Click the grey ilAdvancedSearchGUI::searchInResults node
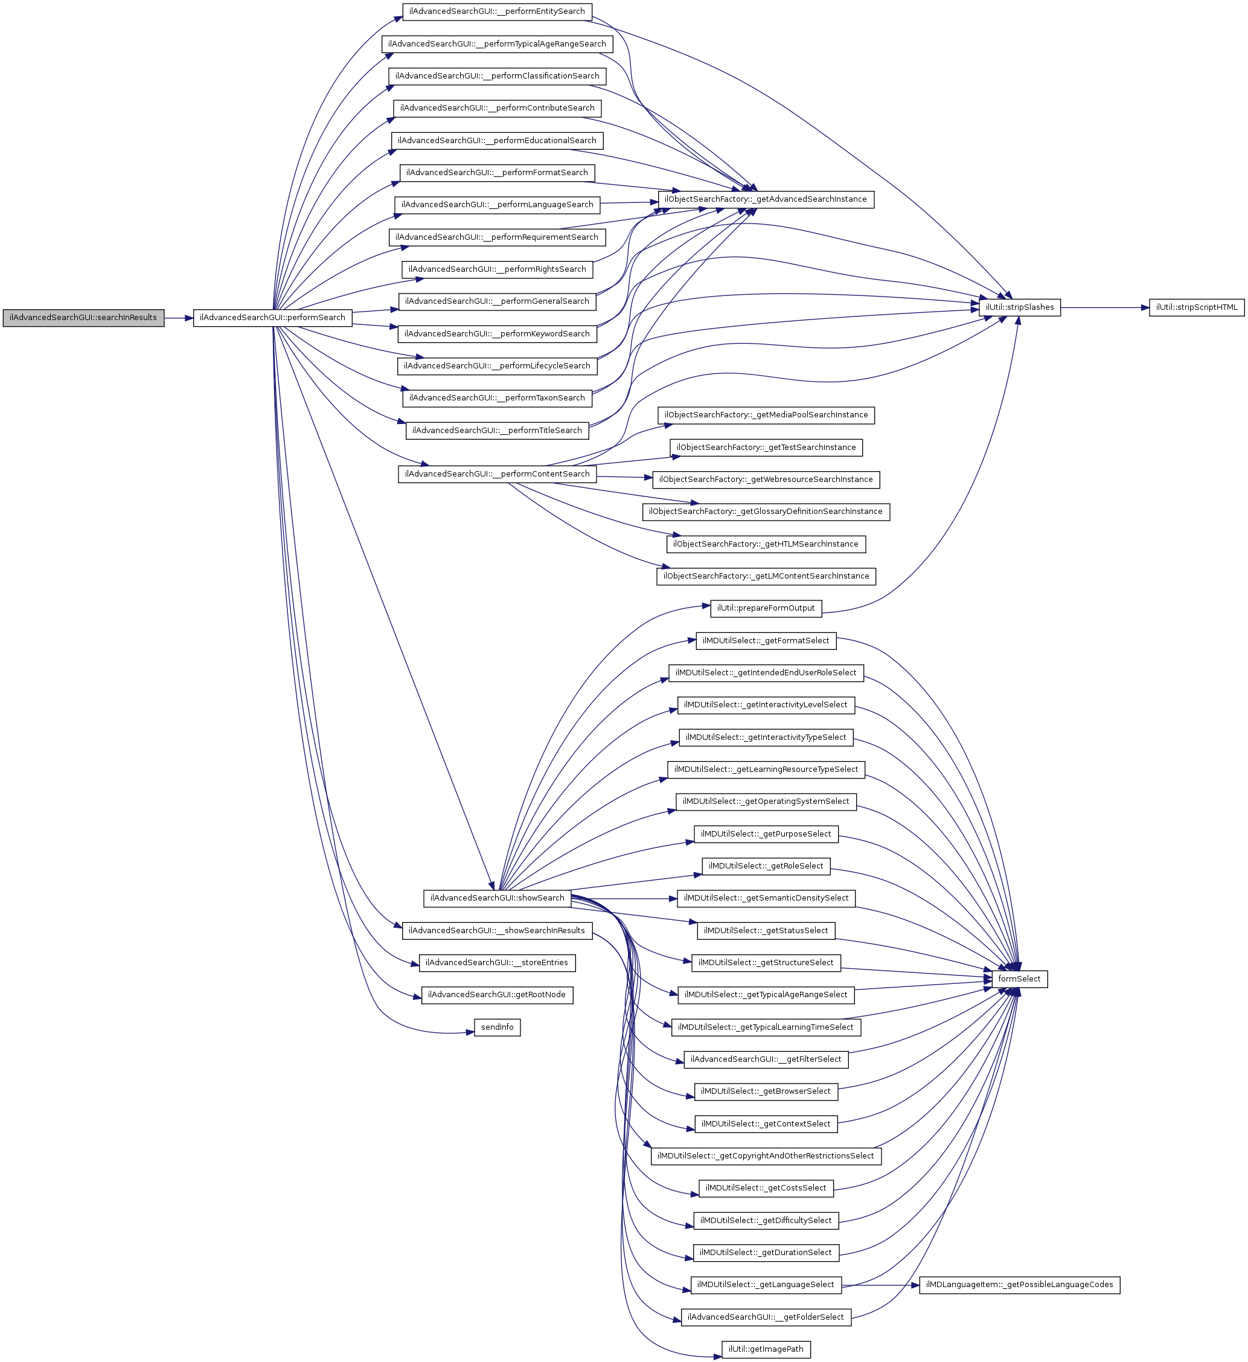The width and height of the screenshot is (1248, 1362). (83, 318)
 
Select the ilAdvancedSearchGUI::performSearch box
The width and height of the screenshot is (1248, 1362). (272, 318)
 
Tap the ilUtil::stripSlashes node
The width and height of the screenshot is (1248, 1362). (1019, 307)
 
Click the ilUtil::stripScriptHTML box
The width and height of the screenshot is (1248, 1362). (1196, 307)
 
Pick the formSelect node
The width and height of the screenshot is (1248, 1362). (1019, 979)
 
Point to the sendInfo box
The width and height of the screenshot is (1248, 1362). (497, 1027)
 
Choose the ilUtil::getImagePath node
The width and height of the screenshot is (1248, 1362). (766, 1349)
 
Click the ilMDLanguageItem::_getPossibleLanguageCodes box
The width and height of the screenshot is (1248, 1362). (1019, 1284)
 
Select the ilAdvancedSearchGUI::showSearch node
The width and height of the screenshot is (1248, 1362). (497, 898)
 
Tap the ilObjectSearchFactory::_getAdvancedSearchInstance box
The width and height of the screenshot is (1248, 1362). (766, 199)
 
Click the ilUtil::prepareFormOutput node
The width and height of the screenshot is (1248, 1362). (766, 608)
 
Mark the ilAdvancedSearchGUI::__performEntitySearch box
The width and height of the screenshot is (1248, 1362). (497, 11)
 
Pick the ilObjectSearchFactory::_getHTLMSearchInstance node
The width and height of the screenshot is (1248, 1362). (766, 544)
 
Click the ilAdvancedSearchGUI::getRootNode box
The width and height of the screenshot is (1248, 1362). (497, 995)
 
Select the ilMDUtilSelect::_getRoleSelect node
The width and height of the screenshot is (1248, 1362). (766, 866)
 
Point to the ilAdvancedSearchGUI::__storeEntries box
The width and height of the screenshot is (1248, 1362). (497, 963)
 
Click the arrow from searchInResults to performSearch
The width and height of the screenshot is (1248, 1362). (178, 318)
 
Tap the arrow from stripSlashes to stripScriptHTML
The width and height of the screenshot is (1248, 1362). (1104, 307)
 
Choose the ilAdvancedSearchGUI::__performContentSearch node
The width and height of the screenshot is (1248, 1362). (497, 474)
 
